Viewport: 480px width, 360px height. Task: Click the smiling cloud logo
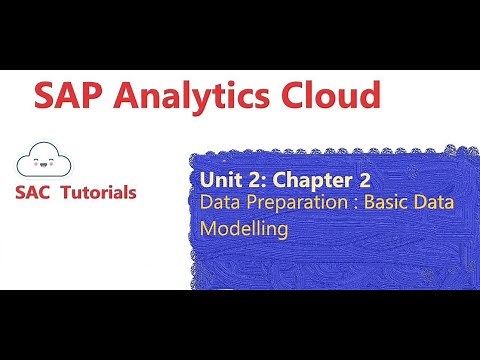[44, 158]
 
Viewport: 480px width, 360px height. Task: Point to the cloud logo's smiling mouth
[44, 162]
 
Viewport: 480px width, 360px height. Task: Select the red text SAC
[36, 192]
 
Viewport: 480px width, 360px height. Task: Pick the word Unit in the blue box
[221, 181]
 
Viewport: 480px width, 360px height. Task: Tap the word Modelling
[245, 228]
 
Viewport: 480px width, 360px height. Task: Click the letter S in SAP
[47, 97]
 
